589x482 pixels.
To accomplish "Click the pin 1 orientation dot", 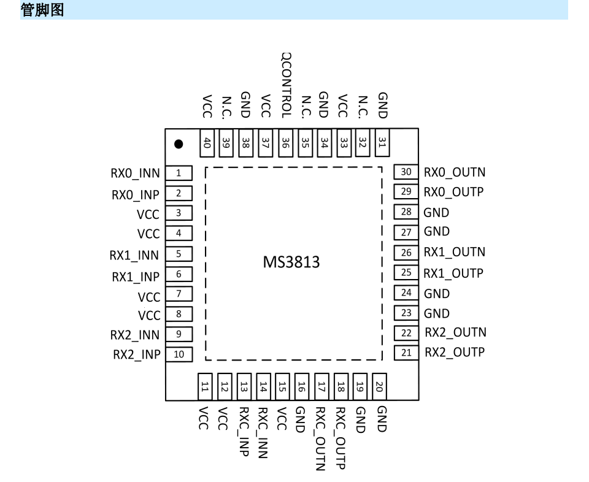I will tap(179, 145).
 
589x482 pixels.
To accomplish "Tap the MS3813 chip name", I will tap(292, 263).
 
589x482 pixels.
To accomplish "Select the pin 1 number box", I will tap(179, 174).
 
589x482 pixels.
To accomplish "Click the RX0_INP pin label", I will tap(135, 194).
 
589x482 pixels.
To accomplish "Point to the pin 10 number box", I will tap(179, 354).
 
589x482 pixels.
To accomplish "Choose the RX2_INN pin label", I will tap(134, 335).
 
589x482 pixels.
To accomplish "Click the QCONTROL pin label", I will tap(286, 85).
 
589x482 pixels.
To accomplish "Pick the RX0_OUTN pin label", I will tap(455, 172).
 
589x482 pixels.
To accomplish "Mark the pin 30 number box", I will tap(406, 172).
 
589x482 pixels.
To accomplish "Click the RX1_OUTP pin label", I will tap(454, 273).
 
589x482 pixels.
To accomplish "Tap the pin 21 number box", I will tap(406, 353).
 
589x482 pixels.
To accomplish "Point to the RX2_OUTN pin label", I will tap(455, 332).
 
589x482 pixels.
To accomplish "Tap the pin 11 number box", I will tap(205, 386).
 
